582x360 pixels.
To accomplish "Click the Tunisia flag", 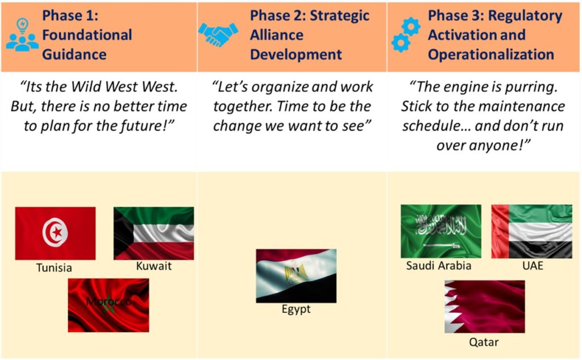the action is tap(55, 233).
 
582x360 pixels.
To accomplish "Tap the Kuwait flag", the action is tap(153, 233).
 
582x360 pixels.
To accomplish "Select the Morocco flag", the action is tap(109, 305).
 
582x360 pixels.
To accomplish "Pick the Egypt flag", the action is tap(296, 276).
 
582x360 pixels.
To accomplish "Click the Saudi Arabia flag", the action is tap(441, 231).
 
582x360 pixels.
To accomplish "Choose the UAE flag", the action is tap(531, 231).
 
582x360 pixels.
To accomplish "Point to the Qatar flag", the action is tap(485, 307).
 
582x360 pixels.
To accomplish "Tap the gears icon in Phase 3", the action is tap(406, 35).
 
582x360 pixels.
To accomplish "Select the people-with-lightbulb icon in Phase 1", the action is tap(22, 35).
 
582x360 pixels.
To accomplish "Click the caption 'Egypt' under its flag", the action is tap(296, 309).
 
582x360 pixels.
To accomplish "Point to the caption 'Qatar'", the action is tap(484, 342).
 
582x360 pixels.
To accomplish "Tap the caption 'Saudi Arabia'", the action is tap(438, 266).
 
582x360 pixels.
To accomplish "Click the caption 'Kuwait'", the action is tap(153, 266).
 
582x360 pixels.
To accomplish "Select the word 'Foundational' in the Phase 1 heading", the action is tap(87, 35).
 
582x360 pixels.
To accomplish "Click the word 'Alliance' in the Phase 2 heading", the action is tap(277, 35).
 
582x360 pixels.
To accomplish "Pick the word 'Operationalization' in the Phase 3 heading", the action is tap(491, 55).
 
